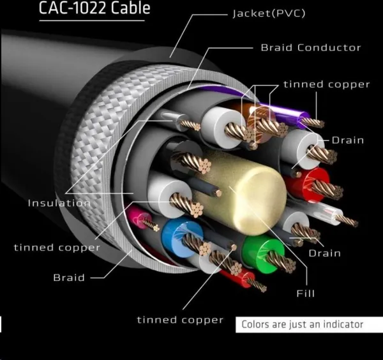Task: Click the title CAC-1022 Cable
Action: click(x=94, y=8)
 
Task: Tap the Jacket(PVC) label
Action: click(x=269, y=13)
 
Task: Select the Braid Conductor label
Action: click(x=311, y=48)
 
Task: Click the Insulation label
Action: click(x=59, y=203)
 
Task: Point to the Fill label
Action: click(x=305, y=294)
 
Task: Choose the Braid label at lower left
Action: click(x=69, y=278)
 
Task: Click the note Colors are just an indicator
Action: click(x=302, y=324)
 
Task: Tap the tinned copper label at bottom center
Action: click(x=180, y=320)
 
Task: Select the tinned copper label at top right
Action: click(x=327, y=84)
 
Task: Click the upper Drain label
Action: click(x=348, y=140)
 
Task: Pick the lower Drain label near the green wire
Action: click(x=325, y=253)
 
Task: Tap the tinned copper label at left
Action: click(x=57, y=248)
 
